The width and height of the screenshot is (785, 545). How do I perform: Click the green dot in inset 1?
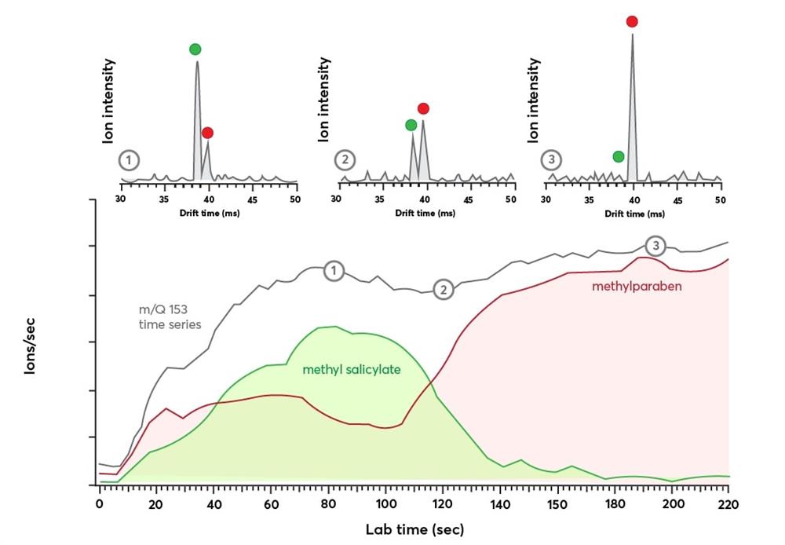(195, 49)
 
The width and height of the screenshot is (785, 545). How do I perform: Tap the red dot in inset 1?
(207, 134)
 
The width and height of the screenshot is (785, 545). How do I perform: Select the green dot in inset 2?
(411, 125)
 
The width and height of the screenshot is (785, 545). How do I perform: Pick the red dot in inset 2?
(423, 108)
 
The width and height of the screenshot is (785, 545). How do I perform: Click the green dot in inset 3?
(619, 157)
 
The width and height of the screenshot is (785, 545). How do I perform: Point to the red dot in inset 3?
(632, 22)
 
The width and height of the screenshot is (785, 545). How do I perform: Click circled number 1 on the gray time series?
(334, 272)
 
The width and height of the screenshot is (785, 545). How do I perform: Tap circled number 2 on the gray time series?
(444, 290)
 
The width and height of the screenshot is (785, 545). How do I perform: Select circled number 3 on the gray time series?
(655, 247)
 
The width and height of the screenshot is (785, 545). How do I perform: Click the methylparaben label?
(637, 287)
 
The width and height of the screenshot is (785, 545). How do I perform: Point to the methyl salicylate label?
(352, 368)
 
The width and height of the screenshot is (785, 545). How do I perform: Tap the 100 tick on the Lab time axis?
(385, 503)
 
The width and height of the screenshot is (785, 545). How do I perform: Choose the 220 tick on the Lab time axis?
(728, 503)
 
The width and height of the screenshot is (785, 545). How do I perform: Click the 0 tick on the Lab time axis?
(100, 503)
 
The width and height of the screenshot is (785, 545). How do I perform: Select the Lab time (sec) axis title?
(414, 530)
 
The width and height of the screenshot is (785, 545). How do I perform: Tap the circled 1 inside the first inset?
(130, 162)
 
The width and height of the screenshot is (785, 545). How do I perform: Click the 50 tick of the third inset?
(720, 199)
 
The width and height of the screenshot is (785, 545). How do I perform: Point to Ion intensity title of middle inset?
(323, 99)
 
